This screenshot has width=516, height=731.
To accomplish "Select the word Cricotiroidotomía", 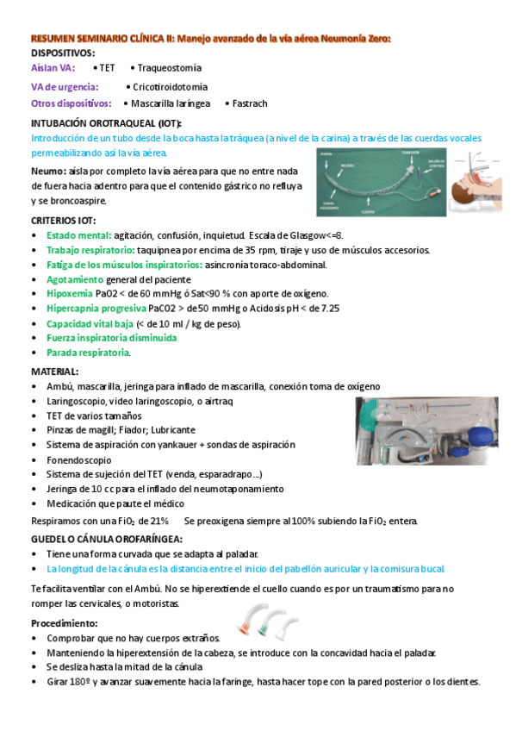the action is [x=170, y=86].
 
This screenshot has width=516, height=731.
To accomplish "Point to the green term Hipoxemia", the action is [x=71, y=293].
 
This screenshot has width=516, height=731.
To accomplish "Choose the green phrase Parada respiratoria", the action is [x=88, y=353].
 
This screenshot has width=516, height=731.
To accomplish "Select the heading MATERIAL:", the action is [x=54, y=372].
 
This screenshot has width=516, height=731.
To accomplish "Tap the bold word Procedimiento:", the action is [x=65, y=622].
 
